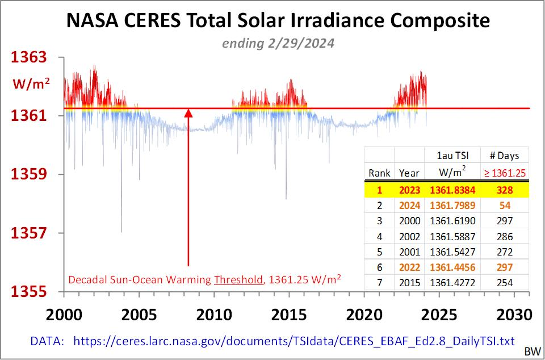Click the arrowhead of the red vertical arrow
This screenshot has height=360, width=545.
coord(188,113)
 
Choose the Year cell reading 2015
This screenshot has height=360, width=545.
coord(409,282)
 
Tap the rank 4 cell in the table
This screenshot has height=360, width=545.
coord(379,236)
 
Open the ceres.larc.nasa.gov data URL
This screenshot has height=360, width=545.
coord(294,341)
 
